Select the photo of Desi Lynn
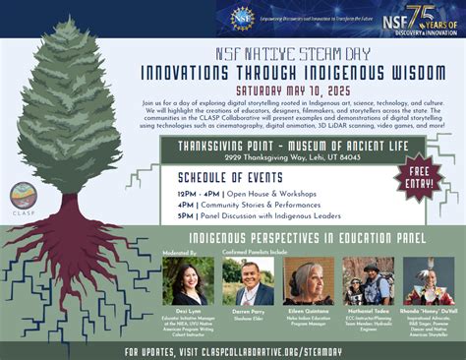pos(188,280)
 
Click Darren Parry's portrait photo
pos(248,280)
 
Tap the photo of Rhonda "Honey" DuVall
pos(429,280)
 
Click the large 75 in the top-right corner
pos(419,17)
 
